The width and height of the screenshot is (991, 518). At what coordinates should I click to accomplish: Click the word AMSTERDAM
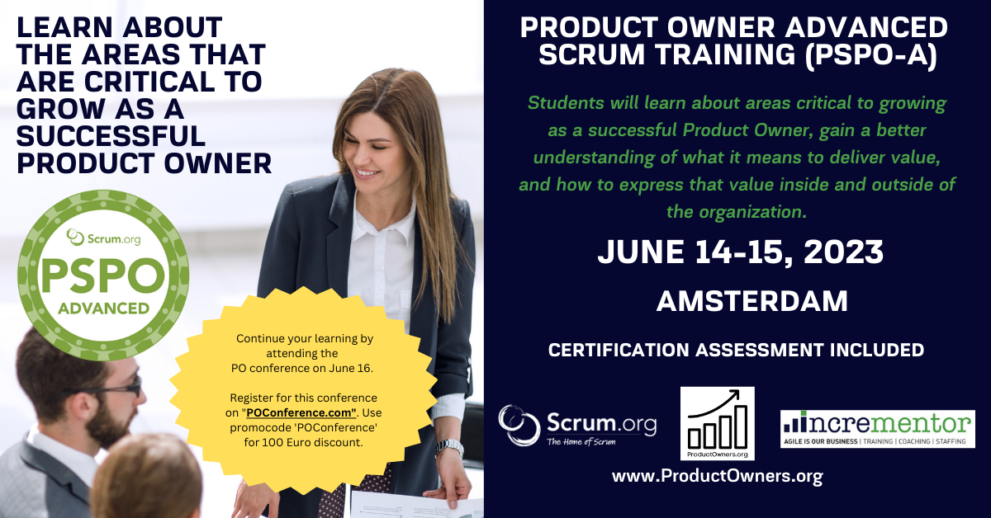pos(752,301)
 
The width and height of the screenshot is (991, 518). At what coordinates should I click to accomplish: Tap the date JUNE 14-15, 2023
pos(740,252)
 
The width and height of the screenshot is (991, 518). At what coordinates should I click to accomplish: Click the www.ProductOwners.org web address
pos(717,477)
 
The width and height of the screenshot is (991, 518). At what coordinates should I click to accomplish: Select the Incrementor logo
pos(877,429)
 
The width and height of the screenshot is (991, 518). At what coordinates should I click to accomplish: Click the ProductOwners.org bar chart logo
pos(717,423)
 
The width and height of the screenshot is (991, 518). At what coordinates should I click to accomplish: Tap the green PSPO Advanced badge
pos(103,275)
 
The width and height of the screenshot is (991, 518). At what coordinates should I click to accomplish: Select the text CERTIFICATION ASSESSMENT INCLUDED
pos(736,350)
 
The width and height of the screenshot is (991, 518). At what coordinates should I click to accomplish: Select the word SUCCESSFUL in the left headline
pos(111,135)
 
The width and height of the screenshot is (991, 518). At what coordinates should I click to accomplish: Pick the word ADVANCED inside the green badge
pos(103,308)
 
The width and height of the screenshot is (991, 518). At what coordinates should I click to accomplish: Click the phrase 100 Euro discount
pos(321,442)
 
